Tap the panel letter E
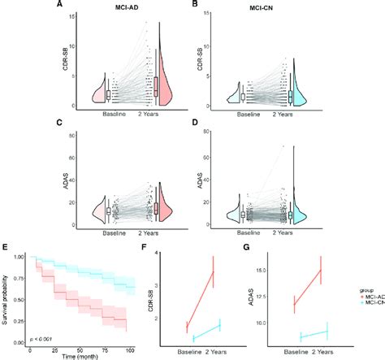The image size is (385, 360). tap(6, 241)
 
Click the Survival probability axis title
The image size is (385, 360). tap(7, 297)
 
